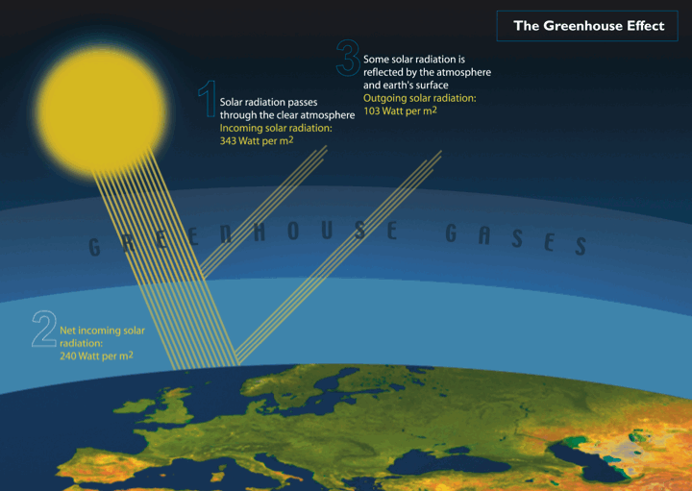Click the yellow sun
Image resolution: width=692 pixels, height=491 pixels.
(x=102, y=110)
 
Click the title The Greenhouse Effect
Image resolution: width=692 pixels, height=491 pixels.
(x=589, y=26)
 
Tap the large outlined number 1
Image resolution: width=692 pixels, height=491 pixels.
(x=208, y=99)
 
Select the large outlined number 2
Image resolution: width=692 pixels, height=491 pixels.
(x=44, y=330)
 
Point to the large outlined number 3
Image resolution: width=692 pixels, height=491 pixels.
(x=348, y=58)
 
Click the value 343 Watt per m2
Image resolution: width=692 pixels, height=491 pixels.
(x=257, y=140)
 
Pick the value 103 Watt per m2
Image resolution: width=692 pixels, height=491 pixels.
(x=400, y=110)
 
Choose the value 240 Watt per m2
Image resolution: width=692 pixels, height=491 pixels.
(x=96, y=356)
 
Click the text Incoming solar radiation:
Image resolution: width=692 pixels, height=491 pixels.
(x=276, y=128)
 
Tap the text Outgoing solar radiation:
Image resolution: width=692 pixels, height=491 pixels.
(x=420, y=98)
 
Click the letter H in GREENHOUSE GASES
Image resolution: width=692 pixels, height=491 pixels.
(x=259, y=233)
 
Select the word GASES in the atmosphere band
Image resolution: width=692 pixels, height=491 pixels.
(x=515, y=239)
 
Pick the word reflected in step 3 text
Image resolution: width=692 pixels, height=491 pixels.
(x=383, y=72)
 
